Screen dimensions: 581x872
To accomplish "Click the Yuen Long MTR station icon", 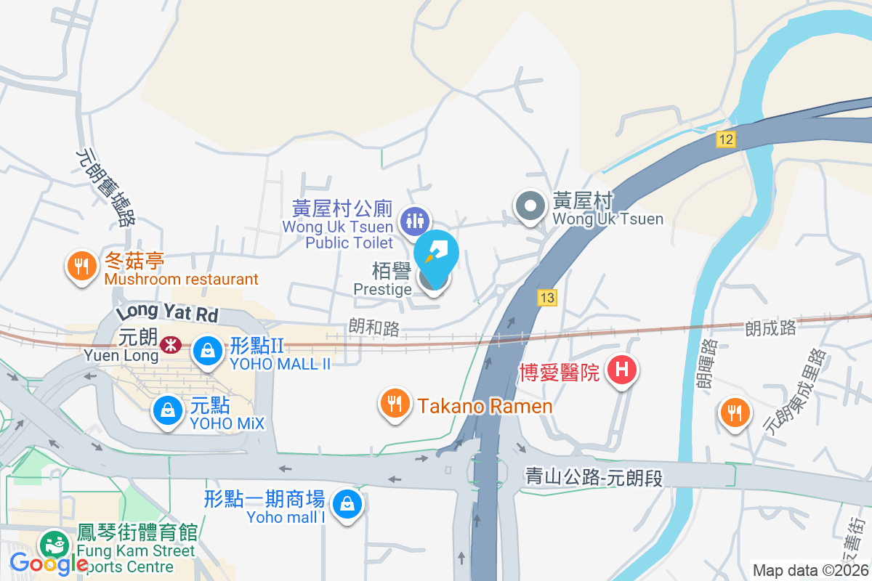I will click(x=171, y=344).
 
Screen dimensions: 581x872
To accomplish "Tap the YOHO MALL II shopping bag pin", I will click(x=208, y=351).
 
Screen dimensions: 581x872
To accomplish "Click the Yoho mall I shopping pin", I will click(x=347, y=504).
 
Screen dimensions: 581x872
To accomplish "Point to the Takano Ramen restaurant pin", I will click(x=395, y=403).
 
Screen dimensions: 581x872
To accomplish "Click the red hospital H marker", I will click(x=621, y=370).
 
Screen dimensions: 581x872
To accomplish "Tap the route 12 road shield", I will click(x=725, y=139).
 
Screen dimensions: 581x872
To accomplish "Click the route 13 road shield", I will click(x=547, y=297).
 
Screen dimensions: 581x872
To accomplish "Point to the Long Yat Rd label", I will click(x=166, y=315).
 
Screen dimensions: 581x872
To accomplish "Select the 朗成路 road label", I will click(x=770, y=328).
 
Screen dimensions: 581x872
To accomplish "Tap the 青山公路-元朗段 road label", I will click(x=594, y=477).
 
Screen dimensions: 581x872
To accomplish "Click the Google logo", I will click(x=49, y=564).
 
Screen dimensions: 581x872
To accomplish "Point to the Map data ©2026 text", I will click(x=810, y=570).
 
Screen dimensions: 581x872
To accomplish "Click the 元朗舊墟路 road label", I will click(x=106, y=187).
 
